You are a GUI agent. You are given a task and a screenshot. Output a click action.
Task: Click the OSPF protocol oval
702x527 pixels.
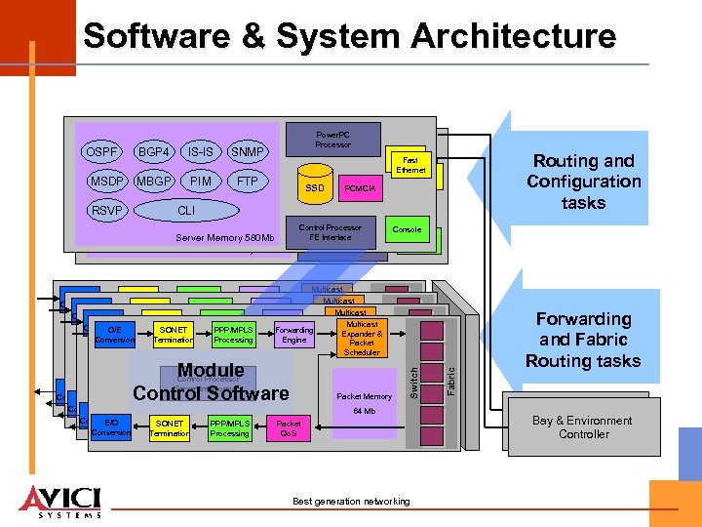pos(102,152)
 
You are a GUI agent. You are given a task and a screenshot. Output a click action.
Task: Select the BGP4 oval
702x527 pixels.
pos(155,152)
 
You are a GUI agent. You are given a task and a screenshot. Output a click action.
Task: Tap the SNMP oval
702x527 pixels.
pos(248,152)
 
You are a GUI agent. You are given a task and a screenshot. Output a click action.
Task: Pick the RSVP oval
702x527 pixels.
pos(107,210)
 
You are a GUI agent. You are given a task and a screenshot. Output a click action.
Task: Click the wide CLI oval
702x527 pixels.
pos(185,210)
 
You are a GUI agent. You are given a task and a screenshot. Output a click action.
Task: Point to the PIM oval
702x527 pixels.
pos(201,182)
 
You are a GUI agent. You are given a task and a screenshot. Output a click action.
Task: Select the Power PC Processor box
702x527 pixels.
pos(332,139)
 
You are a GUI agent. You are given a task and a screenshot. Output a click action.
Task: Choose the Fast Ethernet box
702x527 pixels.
pos(410,164)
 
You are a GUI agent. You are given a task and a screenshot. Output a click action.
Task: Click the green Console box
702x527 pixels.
pos(407,229)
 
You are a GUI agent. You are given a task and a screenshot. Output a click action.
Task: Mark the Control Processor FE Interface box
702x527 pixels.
pos(330,232)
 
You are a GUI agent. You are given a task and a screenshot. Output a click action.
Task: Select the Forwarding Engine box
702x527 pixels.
pos(293,335)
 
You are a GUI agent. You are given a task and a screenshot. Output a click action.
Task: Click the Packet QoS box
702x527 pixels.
pos(289,428)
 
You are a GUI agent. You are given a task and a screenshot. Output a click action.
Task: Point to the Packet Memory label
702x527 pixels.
pos(363,396)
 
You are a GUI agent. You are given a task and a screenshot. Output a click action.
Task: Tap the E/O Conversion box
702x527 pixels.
pos(110,427)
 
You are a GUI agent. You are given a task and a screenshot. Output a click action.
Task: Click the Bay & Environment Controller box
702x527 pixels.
pos(583,427)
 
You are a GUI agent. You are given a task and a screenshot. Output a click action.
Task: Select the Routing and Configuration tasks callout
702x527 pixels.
pos(583,182)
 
